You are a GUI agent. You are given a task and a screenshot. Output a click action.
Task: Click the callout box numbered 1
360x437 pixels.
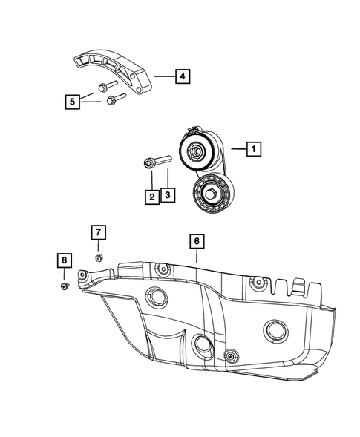253,149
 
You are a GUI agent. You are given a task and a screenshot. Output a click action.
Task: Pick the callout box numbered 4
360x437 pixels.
182,75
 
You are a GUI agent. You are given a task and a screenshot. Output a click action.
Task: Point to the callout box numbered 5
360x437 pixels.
71,100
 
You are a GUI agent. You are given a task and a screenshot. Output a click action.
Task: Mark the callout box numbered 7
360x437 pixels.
97,233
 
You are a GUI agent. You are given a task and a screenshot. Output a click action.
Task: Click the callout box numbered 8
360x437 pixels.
65,260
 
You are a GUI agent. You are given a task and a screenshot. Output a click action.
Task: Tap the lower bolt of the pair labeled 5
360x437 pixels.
115,98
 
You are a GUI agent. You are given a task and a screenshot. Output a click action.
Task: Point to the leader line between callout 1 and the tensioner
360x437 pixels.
236,149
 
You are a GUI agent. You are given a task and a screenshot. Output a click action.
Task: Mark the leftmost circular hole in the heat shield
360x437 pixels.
157,298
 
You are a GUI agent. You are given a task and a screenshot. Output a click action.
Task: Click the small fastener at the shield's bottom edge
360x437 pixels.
232,357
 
